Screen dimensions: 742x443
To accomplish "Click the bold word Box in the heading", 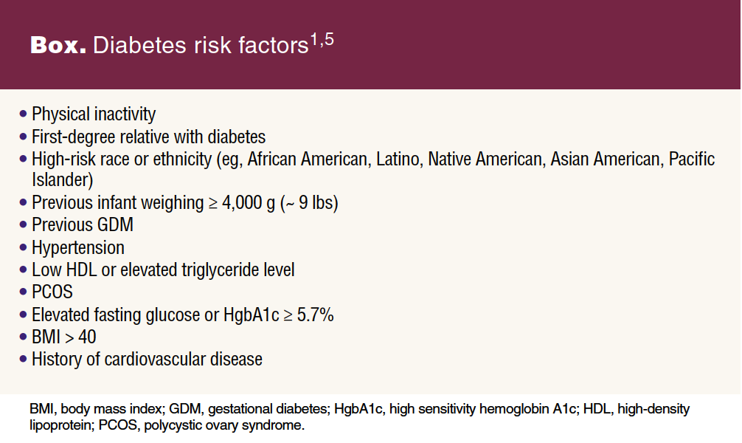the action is (58, 46).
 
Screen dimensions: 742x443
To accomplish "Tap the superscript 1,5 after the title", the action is (322, 40).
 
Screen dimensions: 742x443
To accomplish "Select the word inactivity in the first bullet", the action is (125, 114).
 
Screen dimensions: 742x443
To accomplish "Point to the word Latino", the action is (398, 159).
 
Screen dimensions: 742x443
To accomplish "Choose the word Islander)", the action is (63, 179).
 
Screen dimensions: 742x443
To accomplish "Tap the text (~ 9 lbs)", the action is (309, 203).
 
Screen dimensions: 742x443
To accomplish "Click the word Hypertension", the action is (78, 248).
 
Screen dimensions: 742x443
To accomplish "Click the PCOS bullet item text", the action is (52, 292).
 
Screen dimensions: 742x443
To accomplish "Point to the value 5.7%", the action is (315, 315).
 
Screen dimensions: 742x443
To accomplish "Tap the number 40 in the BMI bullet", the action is (87, 337).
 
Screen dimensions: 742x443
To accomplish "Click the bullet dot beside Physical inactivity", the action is (23, 114).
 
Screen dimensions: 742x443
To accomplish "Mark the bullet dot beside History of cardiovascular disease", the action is (23, 359).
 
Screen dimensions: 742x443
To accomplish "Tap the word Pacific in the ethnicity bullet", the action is (691, 159).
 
